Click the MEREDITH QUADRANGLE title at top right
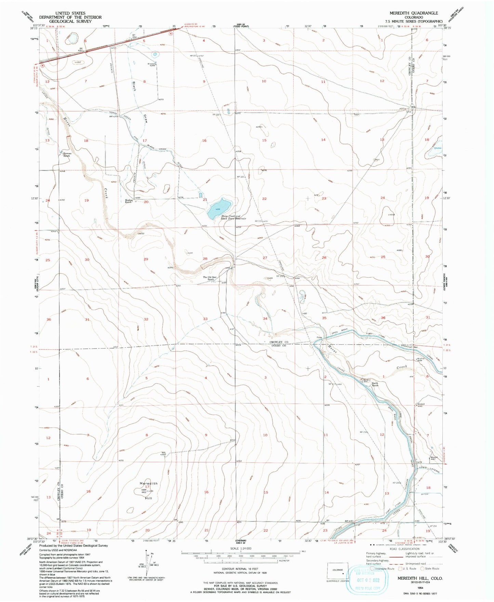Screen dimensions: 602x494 point(414,13)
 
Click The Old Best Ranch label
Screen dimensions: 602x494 point(210,278)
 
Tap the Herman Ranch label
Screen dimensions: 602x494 point(67,155)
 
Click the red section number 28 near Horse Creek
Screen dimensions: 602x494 point(205,259)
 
